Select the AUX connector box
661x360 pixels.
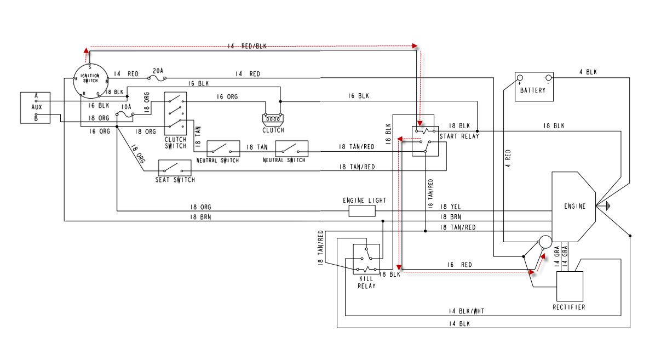coord(36,107)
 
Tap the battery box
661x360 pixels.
coord(533,86)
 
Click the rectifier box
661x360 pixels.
coord(570,286)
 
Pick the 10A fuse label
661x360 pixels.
coord(126,107)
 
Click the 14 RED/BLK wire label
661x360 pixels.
coord(247,47)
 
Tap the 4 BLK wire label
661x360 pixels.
coord(588,72)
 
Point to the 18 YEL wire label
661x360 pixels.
coord(450,207)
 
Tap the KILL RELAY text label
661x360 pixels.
coord(366,282)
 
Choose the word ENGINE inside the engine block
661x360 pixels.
coord(574,207)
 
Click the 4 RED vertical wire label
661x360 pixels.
coord(508,158)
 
